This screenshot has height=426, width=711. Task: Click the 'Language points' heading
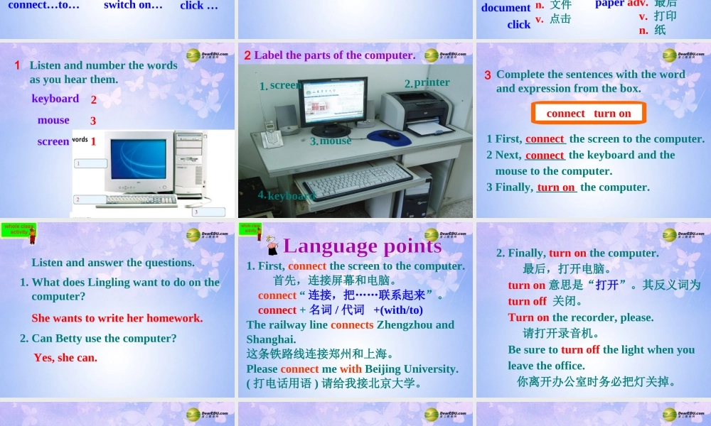point(362,246)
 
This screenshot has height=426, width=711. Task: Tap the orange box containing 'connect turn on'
point(589,114)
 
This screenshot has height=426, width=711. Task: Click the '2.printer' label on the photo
point(427,82)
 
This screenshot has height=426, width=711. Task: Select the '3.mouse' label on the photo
point(331,141)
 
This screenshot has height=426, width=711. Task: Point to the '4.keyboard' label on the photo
point(286,195)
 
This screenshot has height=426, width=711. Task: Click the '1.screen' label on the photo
point(281,85)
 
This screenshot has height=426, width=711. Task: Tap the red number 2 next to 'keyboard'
point(93,100)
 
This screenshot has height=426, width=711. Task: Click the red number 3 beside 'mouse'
point(93,121)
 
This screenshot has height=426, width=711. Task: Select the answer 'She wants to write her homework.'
point(117,318)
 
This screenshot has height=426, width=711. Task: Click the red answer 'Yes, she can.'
point(65,357)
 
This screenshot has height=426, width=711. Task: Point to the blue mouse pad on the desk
point(388,136)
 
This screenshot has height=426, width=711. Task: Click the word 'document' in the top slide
point(506,8)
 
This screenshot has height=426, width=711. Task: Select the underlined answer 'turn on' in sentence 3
point(556,187)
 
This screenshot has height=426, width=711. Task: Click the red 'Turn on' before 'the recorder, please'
point(528,317)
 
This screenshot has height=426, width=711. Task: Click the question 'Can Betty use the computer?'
point(104,338)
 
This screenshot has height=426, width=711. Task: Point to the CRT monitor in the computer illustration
point(138,161)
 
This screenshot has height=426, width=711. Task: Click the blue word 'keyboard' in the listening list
point(55,99)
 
